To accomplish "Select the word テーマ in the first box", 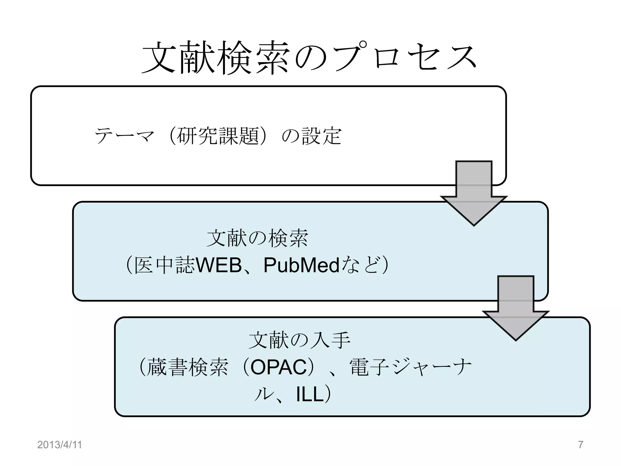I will click(x=124, y=136).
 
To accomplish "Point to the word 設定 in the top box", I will click(x=322, y=136).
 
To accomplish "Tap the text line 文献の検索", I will click(x=257, y=238).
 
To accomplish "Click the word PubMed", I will click(x=301, y=265).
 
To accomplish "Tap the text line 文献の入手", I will click(x=299, y=340).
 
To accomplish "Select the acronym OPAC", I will click(x=279, y=367).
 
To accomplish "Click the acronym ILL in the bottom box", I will click(x=310, y=395).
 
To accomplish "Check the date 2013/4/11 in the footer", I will click(x=59, y=445).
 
